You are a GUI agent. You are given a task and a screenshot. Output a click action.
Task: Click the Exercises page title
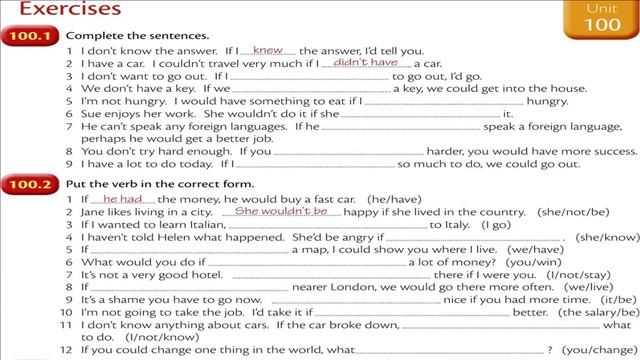click(x=60, y=9)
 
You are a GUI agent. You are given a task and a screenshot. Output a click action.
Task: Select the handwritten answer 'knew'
click(x=268, y=48)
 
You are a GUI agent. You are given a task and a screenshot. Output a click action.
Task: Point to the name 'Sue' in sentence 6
click(x=89, y=115)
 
